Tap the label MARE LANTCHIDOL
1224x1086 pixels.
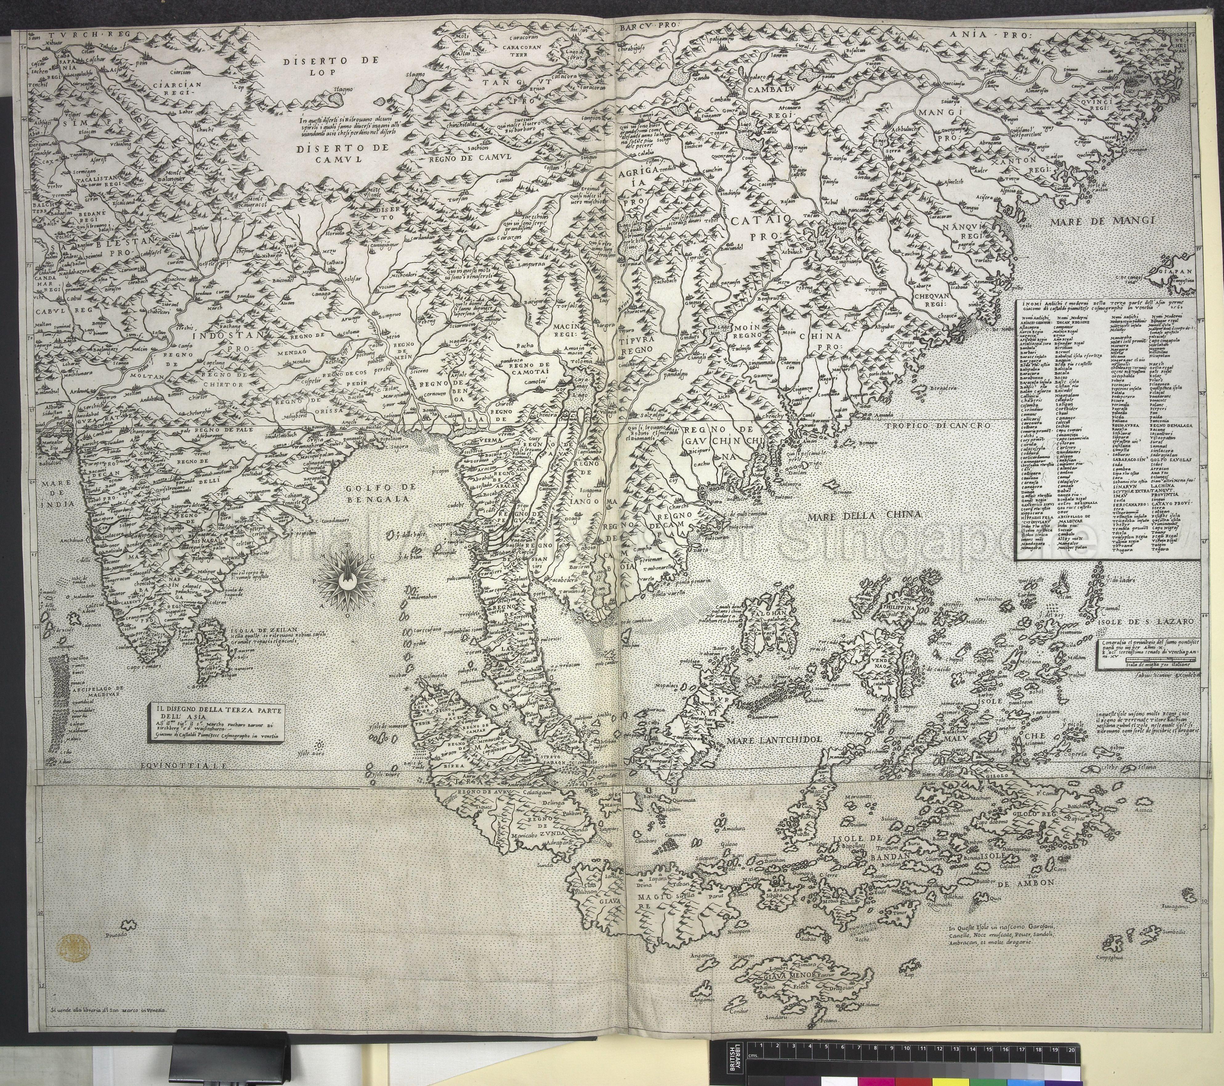(773, 740)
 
